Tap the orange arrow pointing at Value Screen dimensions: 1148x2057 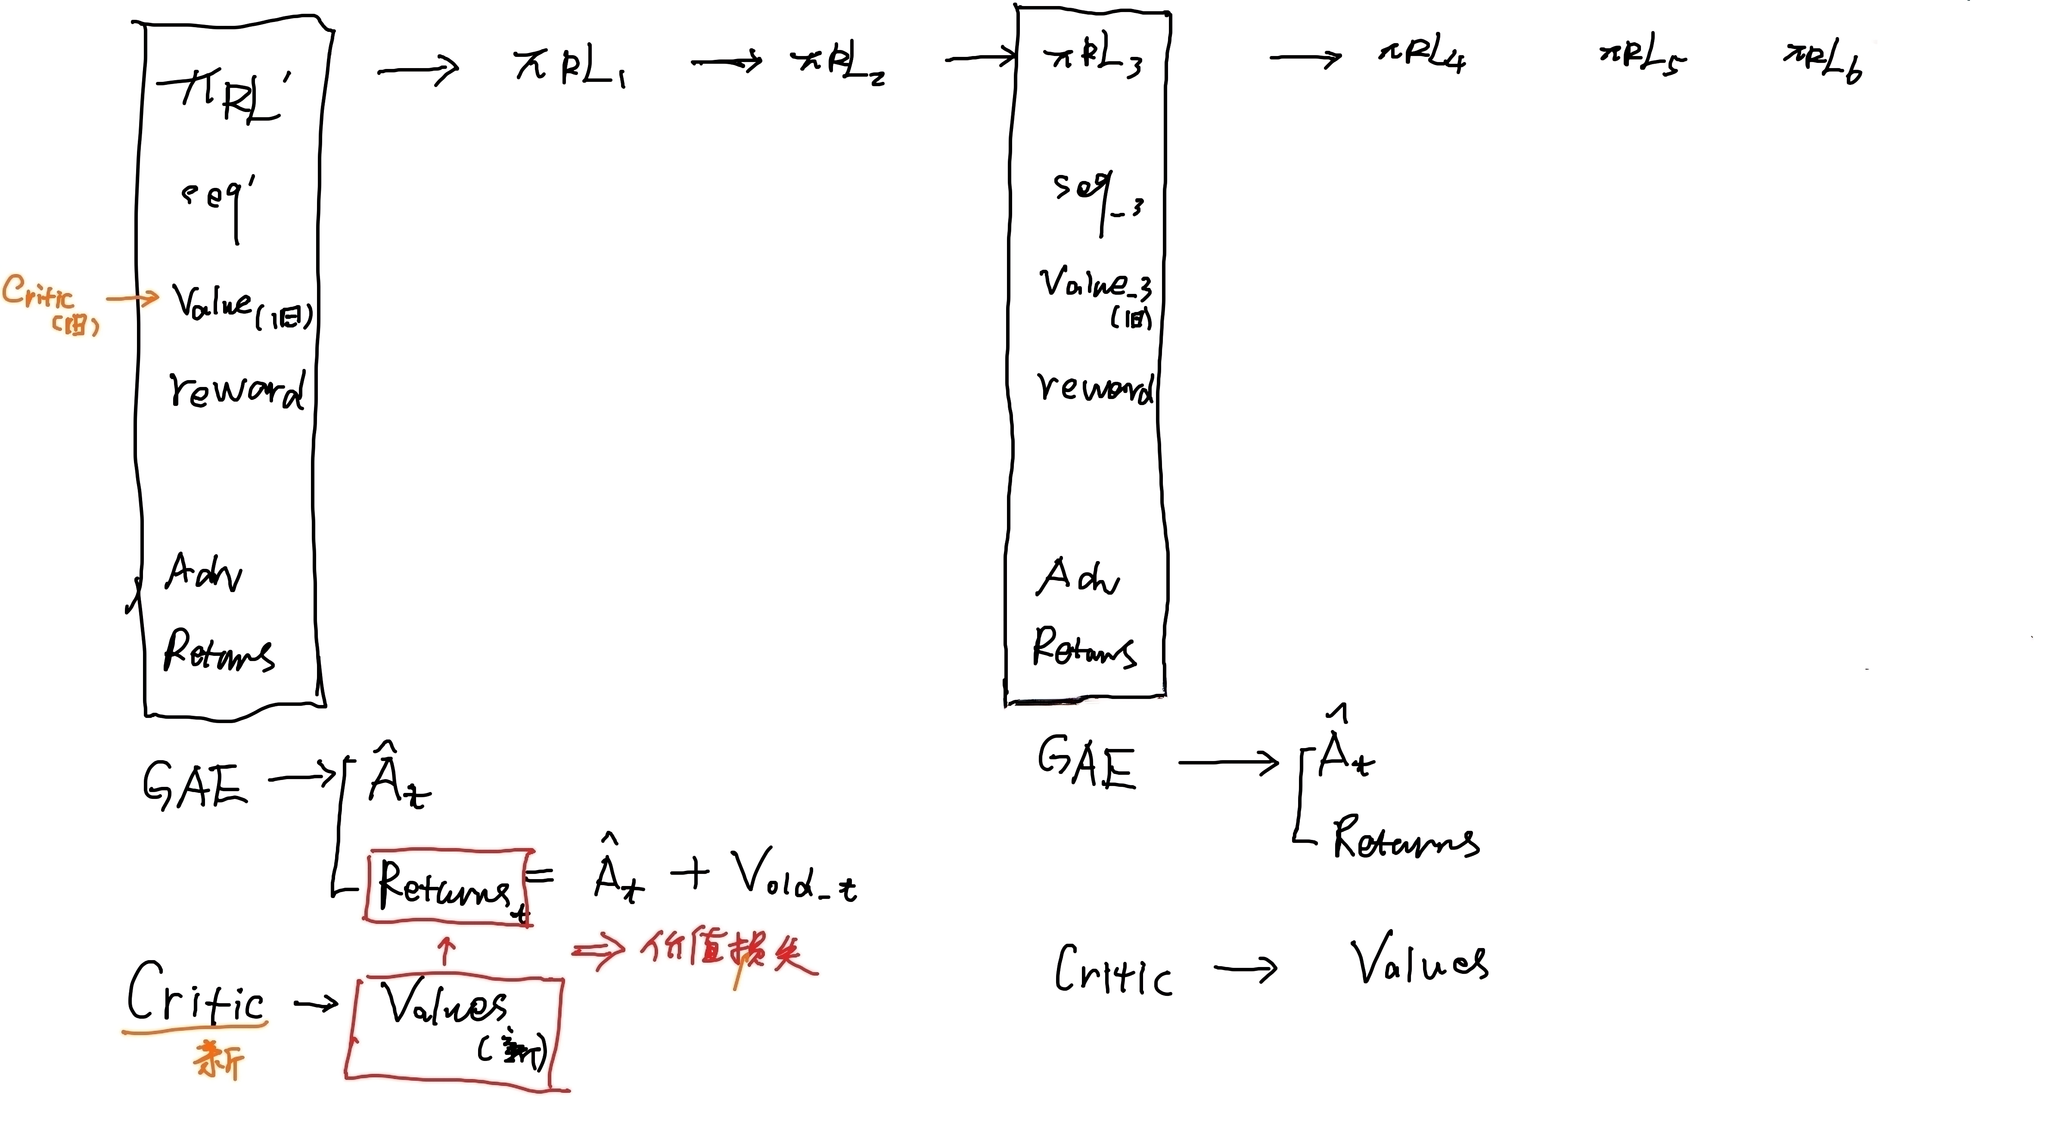click(x=133, y=299)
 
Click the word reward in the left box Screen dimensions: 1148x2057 click(x=236, y=391)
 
